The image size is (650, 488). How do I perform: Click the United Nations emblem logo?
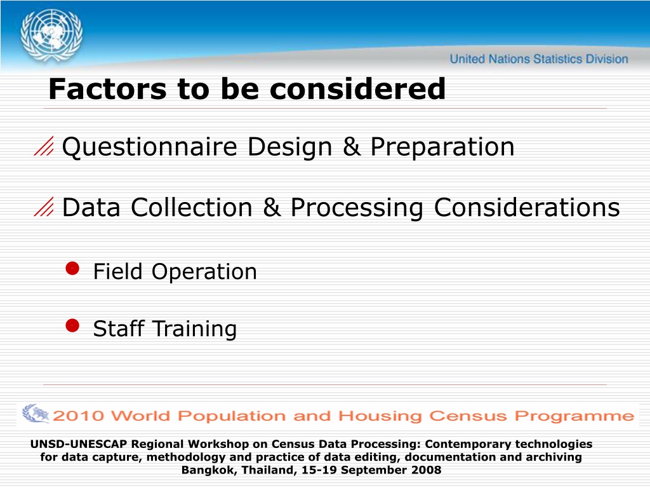click(51, 36)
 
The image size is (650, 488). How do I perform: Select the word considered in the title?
click(357, 89)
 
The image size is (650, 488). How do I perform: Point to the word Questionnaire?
click(150, 147)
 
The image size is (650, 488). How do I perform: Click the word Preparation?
click(442, 147)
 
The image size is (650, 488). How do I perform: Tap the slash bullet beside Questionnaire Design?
click(44, 146)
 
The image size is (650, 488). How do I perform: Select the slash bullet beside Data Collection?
click(44, 207)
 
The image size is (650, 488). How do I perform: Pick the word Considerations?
click(527, 207)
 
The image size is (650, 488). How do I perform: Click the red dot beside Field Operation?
click(72, 269)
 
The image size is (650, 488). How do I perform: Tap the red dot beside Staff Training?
click(72, 326)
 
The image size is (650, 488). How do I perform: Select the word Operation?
click(204, 272)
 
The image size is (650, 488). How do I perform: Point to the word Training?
click(195, 329)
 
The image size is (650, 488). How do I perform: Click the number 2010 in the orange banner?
click(78, 416)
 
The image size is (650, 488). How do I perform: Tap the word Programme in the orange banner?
click(574, 416)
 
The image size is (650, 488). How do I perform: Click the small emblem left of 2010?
click(36, 414)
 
